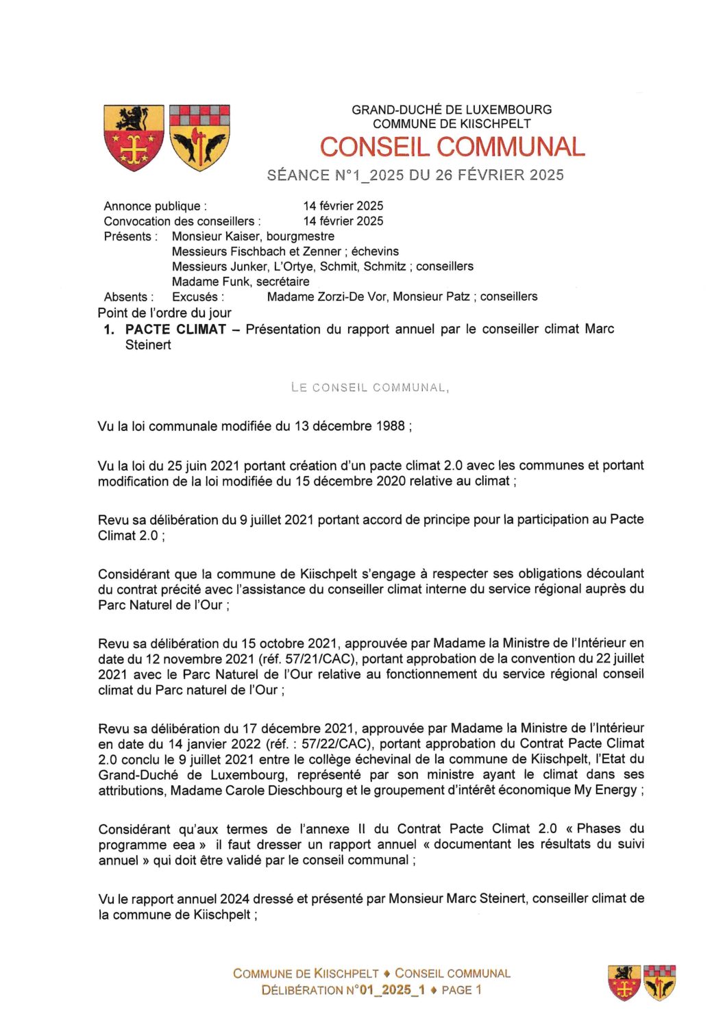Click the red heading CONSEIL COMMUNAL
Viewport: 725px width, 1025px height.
(452, 147)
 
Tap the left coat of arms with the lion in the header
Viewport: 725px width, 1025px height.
(134, 136)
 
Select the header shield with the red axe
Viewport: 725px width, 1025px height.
(199, 136)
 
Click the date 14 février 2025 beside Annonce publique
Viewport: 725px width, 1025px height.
(343, 206)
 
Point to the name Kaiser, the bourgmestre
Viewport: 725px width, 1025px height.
(243, 236)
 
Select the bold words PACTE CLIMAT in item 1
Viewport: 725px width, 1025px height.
(175, 329)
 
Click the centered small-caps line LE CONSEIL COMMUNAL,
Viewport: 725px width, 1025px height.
(370, 387)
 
